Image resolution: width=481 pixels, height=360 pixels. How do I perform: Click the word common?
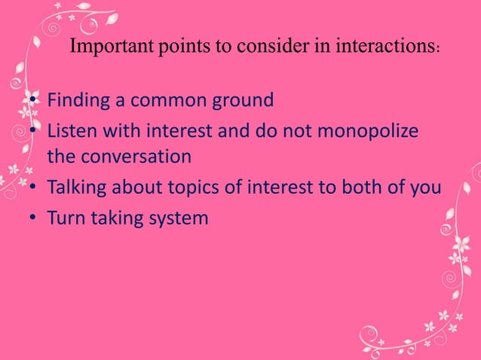pyautogui.click(x=167, y=100)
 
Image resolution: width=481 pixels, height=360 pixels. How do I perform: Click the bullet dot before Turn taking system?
pyautogui.click(x=35, y=219)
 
